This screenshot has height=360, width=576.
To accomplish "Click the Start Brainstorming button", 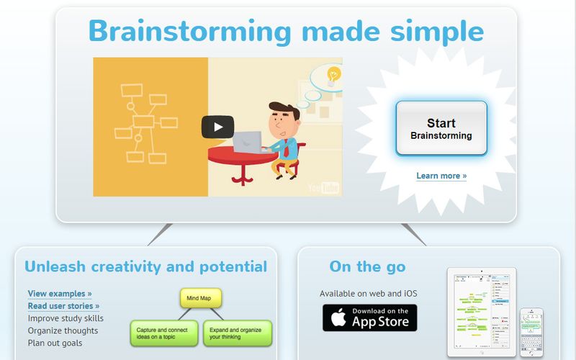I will pos(441,128).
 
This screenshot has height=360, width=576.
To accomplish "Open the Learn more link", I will pos(441,176).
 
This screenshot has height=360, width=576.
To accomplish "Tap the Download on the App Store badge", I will pos(369,317).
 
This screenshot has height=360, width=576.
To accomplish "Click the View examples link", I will pos(60,294).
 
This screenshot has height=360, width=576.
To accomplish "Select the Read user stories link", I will pos(63,306).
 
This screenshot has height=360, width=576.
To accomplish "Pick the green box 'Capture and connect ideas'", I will pos(163,332).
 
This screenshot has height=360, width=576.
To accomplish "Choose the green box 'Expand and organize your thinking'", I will pos(237,332).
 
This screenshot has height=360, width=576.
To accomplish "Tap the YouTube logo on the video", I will pos(323,188).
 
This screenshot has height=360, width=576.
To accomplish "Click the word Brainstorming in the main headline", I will pos(190,32).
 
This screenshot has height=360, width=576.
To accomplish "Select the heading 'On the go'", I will pos(367,267).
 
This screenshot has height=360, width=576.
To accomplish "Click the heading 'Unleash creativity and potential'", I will pos(145,267).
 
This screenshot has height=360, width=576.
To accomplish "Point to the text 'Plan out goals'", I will pos(55,343).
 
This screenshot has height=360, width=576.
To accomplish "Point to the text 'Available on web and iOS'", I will pos(368,294).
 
